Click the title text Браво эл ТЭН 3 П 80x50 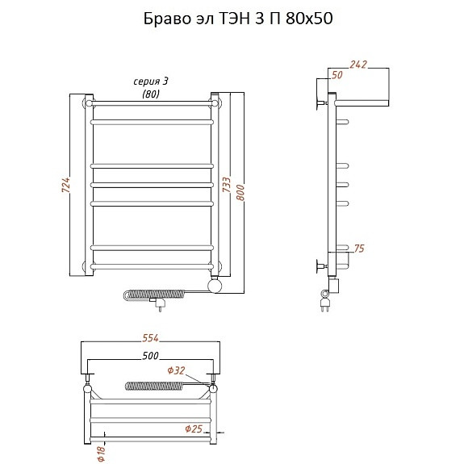coord(238,19)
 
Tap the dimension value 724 coord(66,186)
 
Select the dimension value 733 coord(227,184)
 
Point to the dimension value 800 coord(240,193)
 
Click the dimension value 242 coord(358,65)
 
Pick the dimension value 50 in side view coord(337,75)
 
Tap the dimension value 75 coord(359,249)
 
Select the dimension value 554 coord(150,338)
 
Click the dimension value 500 coord(150,355)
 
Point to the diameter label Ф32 coord(176,370)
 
